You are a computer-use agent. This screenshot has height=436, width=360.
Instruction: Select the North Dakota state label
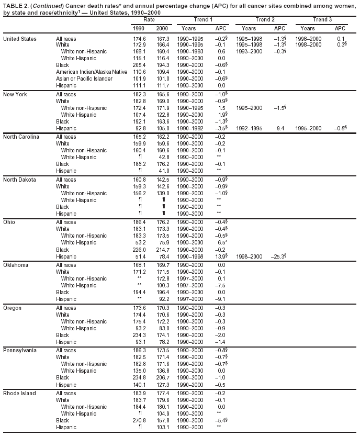point(19,180)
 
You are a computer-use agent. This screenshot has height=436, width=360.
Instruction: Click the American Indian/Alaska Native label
point(92,71)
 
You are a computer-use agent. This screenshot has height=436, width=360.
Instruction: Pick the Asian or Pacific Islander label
point(84,79)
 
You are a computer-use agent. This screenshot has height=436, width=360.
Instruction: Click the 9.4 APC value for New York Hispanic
point(280,128)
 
